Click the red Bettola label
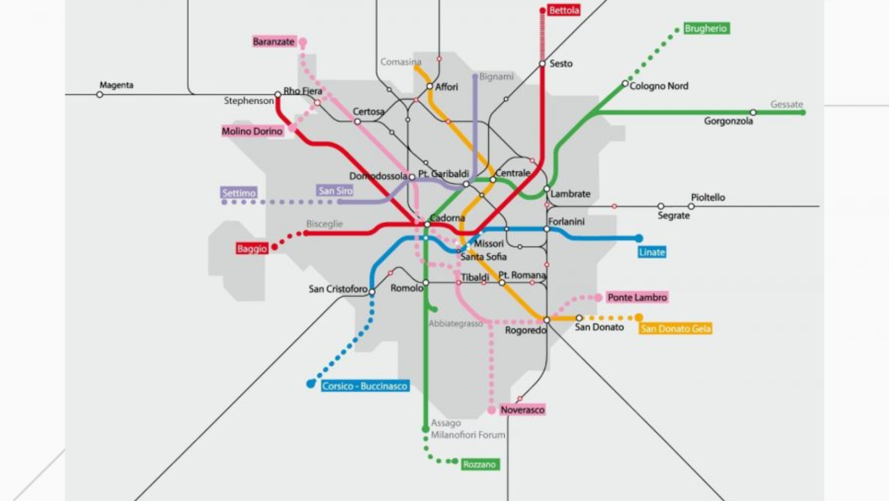pos(564,10)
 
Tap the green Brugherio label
pos(706,28)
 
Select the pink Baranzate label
pos(274,42)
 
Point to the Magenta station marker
pos(100,94)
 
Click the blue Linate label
pos(652,252)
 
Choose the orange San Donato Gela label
pos(675,328)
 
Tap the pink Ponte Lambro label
pos(637,297)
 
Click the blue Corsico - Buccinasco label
pos(365,386)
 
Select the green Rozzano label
pos(480,464)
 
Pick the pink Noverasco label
pos(522,409)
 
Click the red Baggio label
pos(252,248)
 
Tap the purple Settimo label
pos(238,193)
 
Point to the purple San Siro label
pos(335,191)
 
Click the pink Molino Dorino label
pos(252,131)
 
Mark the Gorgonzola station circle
pos(753,112)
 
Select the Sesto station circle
pos(542,64)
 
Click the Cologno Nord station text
pos(659,86)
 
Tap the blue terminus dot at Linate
pos(639,238)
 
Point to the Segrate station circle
pos(660,206)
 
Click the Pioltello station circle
pos(691,206)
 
